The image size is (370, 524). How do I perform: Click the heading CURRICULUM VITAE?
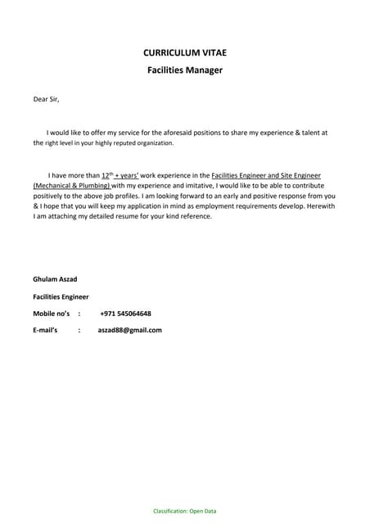tap(185, 52)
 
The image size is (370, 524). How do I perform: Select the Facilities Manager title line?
tap(185, 70)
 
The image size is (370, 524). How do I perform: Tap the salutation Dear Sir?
tap(46, 100)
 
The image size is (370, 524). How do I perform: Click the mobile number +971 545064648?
tap(125, 314)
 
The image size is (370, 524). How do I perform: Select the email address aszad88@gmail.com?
tap(129, 330)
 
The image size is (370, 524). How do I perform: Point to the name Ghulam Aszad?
tap(55, 279)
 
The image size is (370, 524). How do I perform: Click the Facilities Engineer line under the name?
tap(61, 296)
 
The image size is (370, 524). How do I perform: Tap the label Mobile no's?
tap(51, 314)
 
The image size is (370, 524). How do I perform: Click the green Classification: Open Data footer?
tap(185, 511)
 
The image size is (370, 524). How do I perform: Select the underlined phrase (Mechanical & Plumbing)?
tap(71, 186)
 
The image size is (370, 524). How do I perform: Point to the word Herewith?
tap(317, 206)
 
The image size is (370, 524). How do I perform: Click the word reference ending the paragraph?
tap(195, 217)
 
